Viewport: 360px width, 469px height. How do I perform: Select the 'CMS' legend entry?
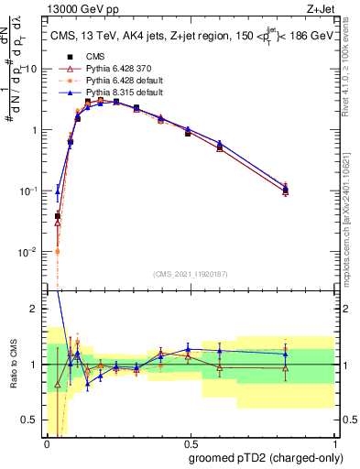95,57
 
